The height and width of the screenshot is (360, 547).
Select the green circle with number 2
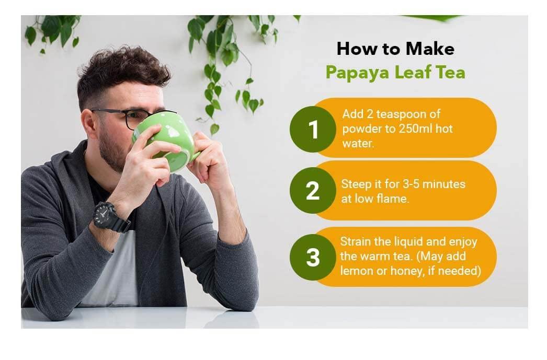312,191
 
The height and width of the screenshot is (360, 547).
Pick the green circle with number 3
312,257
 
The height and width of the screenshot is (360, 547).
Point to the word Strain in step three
355,242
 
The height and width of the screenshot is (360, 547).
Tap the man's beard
112,152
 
